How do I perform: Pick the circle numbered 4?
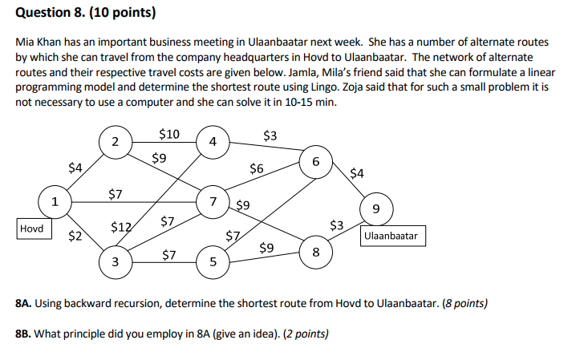pos(212,142)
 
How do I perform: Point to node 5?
pos(213,261)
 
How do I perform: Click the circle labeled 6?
pos(316,162)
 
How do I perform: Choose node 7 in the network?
pos(212,200)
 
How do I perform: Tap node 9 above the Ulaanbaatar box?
pos(376,210)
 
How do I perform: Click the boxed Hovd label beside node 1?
pos(32,228)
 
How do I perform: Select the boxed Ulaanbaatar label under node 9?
pos(393,237)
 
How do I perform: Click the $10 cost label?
pos(169,133)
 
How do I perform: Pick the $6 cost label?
pos(256,169)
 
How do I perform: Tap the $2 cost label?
pos(75,236)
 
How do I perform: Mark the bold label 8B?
pos(26,334)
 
